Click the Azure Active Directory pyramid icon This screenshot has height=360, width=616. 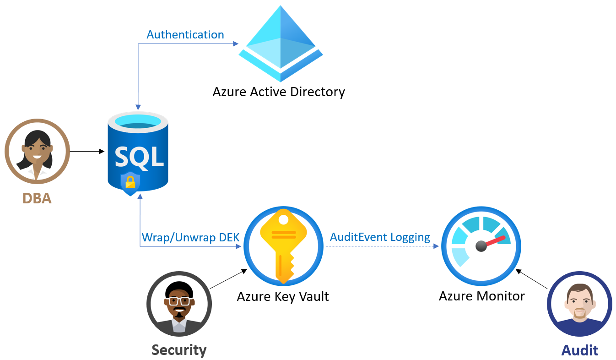tap(281, 44)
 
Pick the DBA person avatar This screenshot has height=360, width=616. tap(37, 151)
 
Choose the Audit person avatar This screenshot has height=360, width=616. tap(580, 304)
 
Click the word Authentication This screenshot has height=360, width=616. tap(185, 35)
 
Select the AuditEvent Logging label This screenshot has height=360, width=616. tap(380, 237)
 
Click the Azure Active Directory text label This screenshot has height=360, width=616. tap(279, 92)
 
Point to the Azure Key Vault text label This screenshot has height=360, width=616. tap(283, 296)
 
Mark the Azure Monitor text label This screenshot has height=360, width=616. tap(481, 296)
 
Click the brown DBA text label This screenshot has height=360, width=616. tap(37, 198)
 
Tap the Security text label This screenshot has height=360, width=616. tap(179, 350)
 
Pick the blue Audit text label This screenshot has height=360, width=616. tap(580, 350)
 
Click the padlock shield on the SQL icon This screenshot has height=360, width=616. tap(130, 183)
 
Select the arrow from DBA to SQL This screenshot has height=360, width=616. tap(87, 151)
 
